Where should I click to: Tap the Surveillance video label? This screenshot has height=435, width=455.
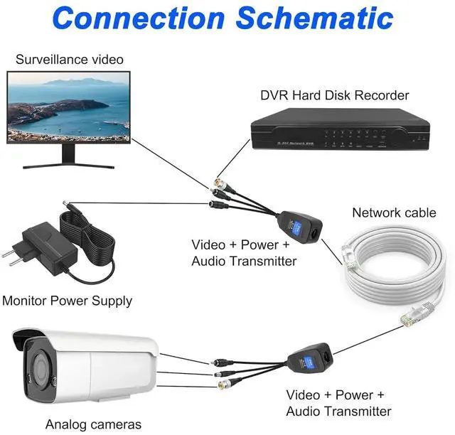click(x=69, y=60)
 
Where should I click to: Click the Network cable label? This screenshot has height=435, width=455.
click(x=395, y=212)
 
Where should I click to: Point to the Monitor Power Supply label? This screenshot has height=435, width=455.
click(x=67, y=301)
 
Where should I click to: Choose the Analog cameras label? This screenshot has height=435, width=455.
click(x=93, y=424)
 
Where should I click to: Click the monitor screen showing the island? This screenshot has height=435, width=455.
click(x=68, y=108)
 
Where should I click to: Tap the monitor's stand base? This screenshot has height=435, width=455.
click(x=68, y=166)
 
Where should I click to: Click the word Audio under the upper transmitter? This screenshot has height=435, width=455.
click(x=208, y=261)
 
